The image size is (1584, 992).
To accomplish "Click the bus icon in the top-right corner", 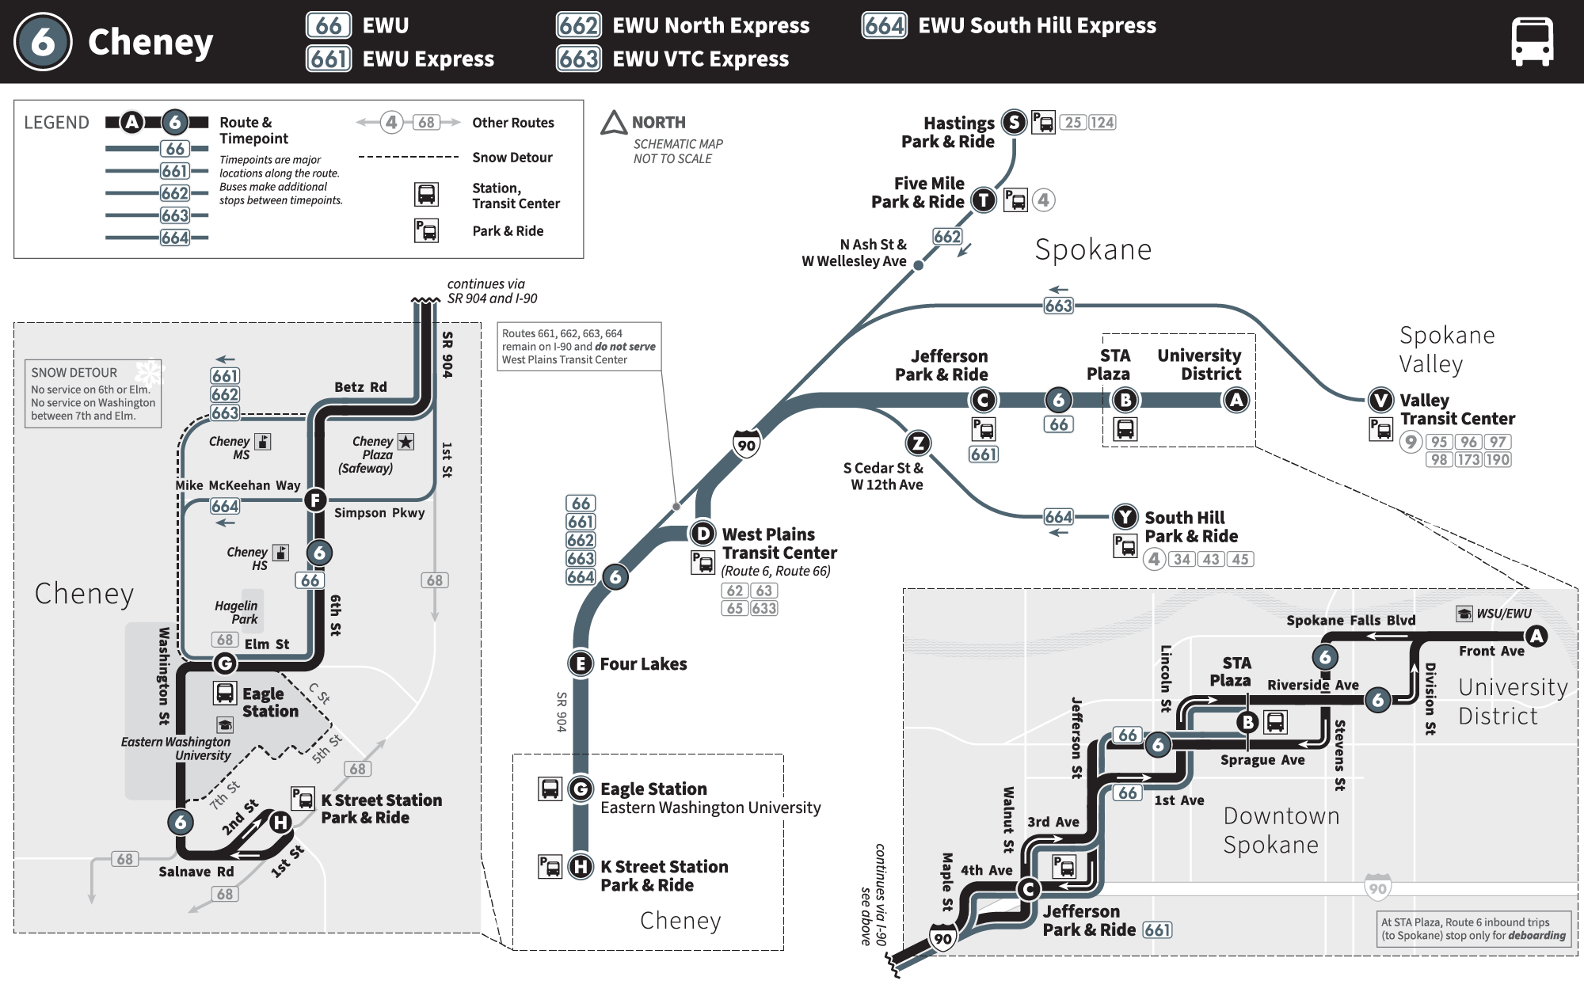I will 1532,42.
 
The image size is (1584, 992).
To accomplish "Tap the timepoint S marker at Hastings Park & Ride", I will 1014,122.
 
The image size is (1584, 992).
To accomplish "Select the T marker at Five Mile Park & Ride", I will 984,200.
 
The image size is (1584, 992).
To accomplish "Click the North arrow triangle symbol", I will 614,124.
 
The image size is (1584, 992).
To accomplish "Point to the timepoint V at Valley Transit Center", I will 1381,400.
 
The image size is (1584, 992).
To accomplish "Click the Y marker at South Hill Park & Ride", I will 1125,517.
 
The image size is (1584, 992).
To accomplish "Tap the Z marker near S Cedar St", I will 918,443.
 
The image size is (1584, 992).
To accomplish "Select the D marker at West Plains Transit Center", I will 703,533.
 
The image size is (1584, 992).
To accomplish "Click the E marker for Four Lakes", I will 581,663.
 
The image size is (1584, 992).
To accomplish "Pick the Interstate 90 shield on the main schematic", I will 746,444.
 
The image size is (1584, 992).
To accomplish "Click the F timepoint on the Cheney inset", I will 315,500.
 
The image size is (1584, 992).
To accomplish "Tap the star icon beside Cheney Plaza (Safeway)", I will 406,442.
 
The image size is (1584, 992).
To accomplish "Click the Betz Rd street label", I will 360,387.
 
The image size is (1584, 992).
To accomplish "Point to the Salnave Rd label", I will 196,872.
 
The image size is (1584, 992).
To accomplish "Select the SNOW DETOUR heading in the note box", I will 74,373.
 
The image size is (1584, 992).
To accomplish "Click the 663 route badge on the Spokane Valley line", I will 1058,306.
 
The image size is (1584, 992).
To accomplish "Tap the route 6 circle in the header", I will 43,42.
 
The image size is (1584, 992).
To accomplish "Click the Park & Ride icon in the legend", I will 426,231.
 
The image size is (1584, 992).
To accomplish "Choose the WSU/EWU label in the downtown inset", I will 1503,614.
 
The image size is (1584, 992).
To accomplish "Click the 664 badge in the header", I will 884,26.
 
